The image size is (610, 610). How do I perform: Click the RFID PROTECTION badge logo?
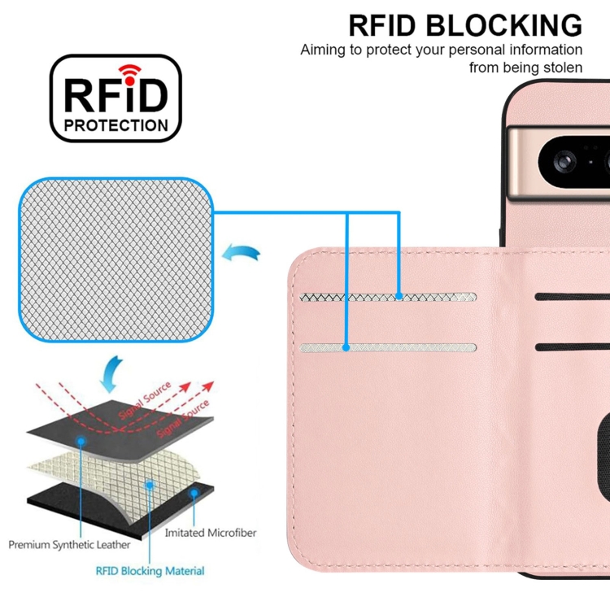pyautogui.click(x=115, y=99)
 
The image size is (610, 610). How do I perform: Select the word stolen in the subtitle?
pyautogui.click(x=561, y=68)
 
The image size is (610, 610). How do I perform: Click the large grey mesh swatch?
pyautogui.click(x=116, y=260)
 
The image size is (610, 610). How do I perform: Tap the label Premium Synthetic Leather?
pyautogui.click(x=74, y=544)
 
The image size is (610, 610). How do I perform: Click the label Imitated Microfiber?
pyautogui.click(x=211, y=533)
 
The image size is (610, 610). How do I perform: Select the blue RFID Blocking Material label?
pyautogui.click(x=150, y=571)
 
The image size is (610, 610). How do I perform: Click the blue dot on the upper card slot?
pyautogui.click(x=399, y=296)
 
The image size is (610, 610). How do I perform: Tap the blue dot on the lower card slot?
pyautogui.click(x=346, y=347)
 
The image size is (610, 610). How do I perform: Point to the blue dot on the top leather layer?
pyautogui.click(x=81, y=440)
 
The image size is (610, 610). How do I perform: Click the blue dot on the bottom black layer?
pyautogui.click(x=194, y=493)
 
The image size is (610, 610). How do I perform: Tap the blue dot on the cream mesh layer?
pyautogui.click(x=150, y=484)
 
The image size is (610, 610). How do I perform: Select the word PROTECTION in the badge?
pyautogui.click(x=116, y=126)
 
